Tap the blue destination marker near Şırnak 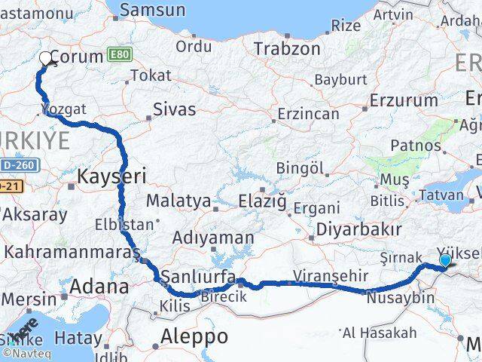click(x=445, y=261)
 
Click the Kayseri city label click(x=111, y=176)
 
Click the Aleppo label click(x=195, y=336)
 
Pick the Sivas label click(x=174, y=109)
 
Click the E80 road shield click(x=120, y=55)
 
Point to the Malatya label click(x=178, y=201)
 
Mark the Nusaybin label click(x=401, y=297)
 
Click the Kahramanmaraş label click(x=72, y=250)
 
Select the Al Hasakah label click(x=379, y=333)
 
